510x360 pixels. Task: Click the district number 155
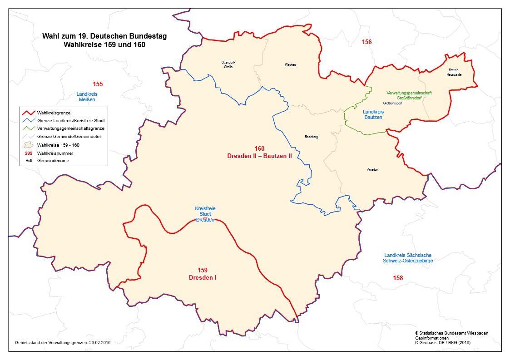[98, 84]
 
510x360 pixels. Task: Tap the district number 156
[366, 42]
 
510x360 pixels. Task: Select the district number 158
[398, 278]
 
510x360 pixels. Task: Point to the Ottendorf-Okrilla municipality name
[228, 64]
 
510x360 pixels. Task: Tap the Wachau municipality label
[290, 65]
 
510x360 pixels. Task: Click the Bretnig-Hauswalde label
[454, 72]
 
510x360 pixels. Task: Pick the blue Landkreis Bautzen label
[373, 114]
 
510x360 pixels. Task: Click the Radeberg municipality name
[311, 137]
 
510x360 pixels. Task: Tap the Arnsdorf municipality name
[373, 169]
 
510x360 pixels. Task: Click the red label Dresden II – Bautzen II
[259, 155]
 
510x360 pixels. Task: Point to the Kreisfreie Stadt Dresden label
[205, 214]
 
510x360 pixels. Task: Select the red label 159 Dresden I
[203, 274]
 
